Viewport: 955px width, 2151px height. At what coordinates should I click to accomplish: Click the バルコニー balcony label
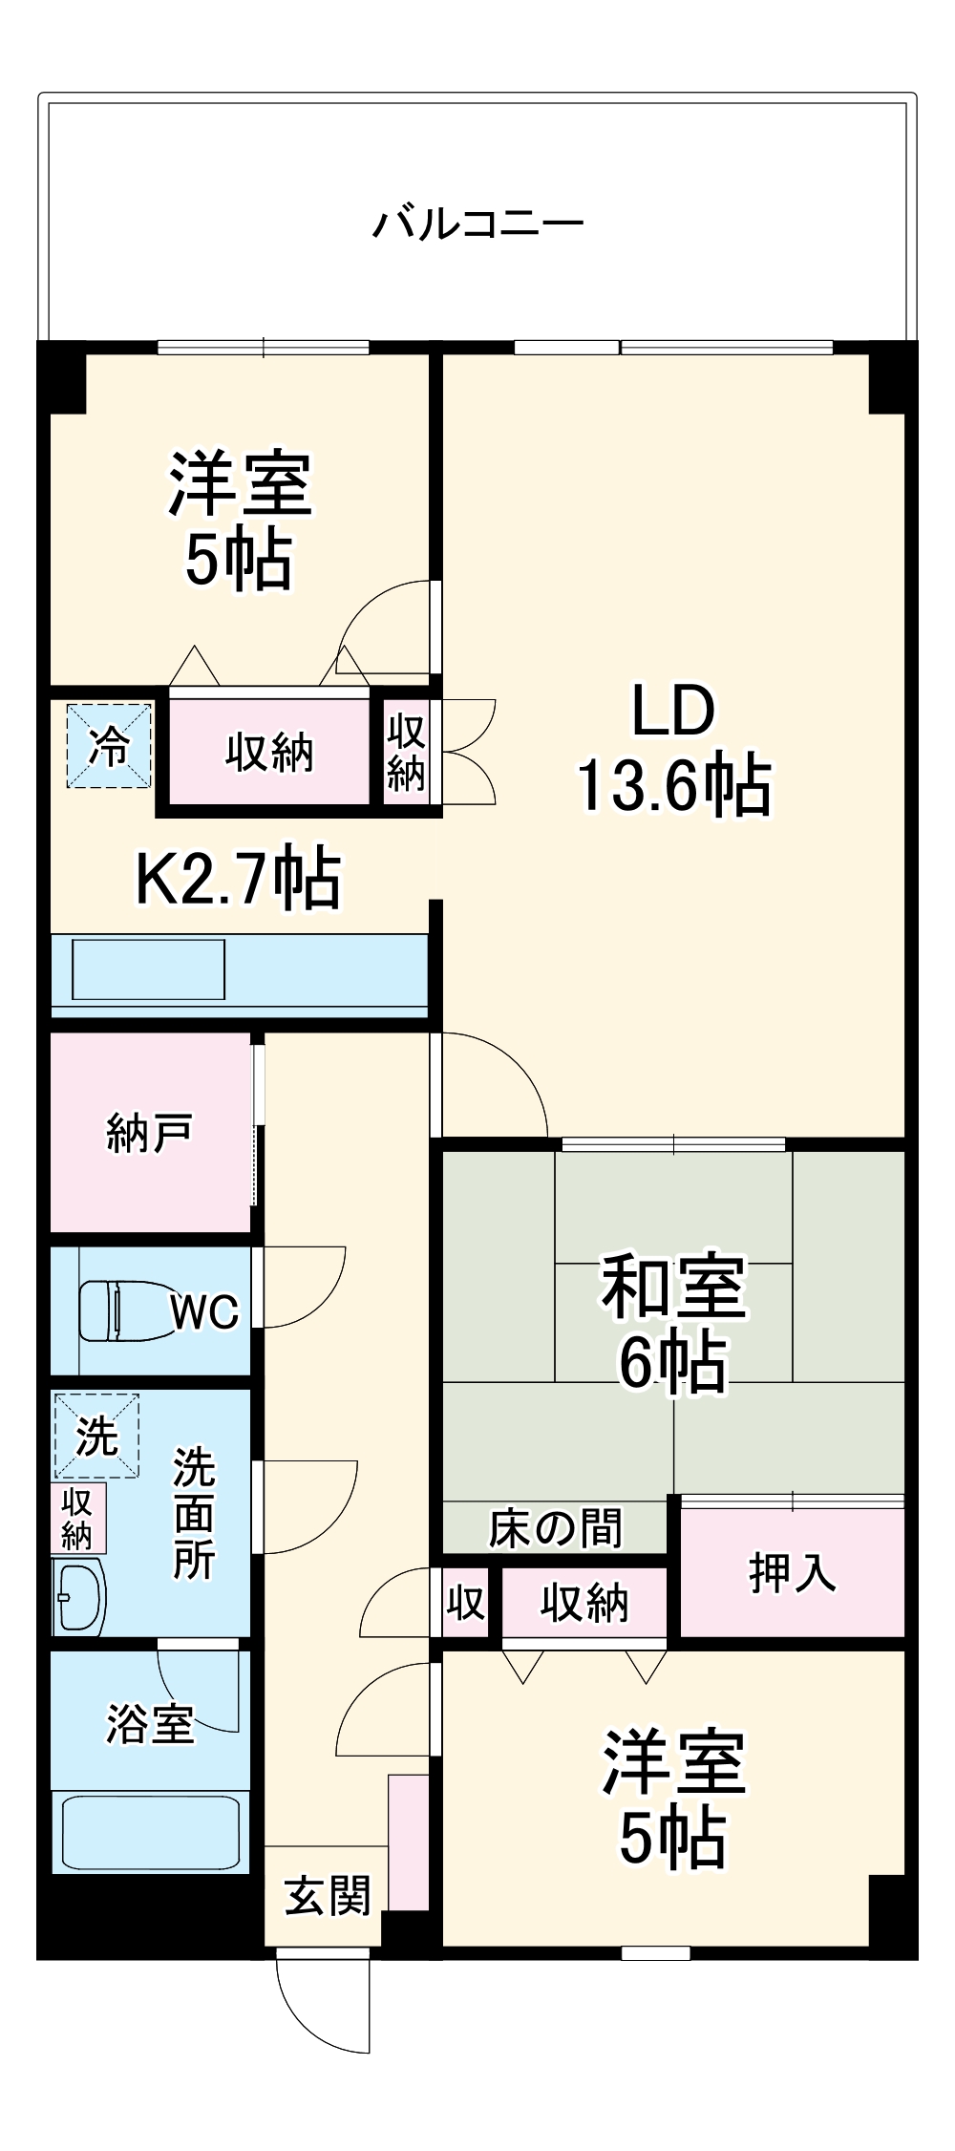coord(477,224)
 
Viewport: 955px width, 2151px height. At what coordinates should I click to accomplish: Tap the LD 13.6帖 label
coord(673,750)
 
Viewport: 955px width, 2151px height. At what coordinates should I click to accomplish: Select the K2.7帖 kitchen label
coord(239,878)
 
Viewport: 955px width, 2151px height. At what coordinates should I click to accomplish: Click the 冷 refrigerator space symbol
coord(108,746)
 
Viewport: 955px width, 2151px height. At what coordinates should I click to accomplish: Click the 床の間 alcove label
coord(555,1528)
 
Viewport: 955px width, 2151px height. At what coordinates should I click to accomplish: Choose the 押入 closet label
coord(792,1573)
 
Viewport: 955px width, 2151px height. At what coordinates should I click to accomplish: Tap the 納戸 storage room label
coord(149,1133)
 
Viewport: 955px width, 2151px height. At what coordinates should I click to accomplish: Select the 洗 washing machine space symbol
coord(95,1436)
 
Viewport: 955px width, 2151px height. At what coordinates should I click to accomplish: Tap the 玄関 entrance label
coord(327,1895)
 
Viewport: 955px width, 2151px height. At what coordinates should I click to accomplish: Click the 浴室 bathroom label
coord(150,1724)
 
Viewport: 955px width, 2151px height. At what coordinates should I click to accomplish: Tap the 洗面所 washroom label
coord(194,1514)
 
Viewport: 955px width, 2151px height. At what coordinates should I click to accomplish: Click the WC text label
coord(204,1311)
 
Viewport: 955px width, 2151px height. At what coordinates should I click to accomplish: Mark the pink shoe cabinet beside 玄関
coord(409,1842)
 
